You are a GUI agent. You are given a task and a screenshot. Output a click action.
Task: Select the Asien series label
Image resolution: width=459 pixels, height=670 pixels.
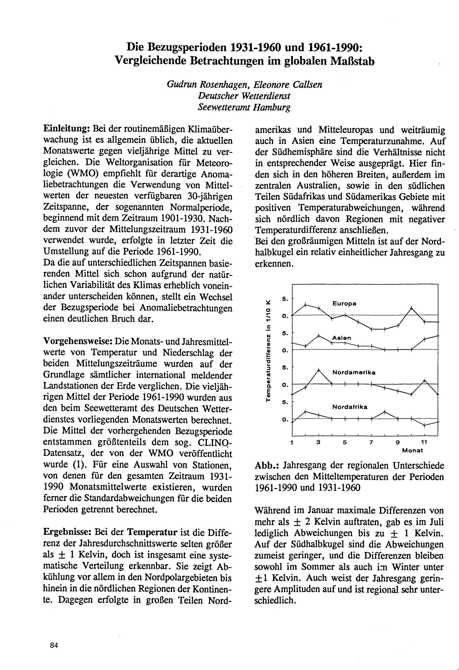[341, 338]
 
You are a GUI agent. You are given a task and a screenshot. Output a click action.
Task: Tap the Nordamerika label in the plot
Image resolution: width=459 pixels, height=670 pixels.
[354, 372]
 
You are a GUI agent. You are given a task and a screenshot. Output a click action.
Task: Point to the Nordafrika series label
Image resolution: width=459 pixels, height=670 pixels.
[350, 407]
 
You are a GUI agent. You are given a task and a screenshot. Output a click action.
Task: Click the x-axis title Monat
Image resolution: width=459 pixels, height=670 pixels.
[412, 450]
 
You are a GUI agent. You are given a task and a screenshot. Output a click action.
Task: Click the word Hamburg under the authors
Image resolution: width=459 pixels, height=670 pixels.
[271, 107]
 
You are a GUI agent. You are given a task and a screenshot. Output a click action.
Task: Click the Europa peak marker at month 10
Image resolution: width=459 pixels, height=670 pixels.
[411, 308]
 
